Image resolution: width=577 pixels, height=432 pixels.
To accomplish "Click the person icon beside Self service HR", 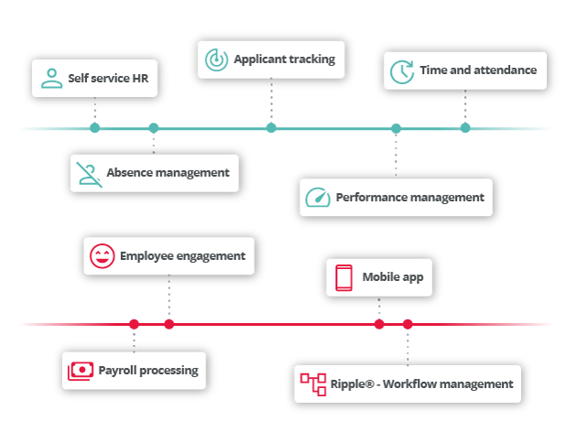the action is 51,79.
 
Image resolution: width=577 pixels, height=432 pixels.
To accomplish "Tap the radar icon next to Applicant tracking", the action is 216,59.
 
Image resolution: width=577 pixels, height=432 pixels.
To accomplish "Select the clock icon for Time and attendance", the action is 402,71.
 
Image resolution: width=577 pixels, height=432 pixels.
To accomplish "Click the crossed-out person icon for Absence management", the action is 89,175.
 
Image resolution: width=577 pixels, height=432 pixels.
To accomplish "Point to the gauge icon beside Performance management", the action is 318,198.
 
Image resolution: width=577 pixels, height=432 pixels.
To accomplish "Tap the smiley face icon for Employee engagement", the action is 102,256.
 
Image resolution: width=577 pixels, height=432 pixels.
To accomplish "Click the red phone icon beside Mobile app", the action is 343,278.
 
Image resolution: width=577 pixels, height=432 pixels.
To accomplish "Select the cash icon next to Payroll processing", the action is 81,371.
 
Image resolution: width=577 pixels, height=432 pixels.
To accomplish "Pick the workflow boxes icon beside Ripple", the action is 313,384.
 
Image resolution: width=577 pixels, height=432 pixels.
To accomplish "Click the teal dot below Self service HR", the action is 95,128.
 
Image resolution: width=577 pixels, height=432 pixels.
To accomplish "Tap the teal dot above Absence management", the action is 154,128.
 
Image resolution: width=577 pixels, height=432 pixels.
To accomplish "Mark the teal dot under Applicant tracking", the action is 271,128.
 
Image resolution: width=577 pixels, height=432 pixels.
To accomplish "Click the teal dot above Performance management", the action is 396,128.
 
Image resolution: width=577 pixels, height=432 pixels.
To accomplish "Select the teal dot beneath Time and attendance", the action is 465,128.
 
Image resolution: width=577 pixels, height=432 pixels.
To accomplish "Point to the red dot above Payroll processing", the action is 134,324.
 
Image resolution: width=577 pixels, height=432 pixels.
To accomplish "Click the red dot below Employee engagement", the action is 169,324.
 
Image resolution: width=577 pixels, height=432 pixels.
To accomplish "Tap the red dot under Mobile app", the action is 379,324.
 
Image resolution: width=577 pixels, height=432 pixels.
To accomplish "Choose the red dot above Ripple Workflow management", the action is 408,324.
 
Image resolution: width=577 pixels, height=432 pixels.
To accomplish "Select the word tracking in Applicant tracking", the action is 311,59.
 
